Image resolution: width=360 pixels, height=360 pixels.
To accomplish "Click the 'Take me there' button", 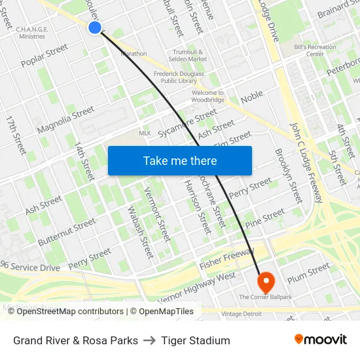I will click(180, 160).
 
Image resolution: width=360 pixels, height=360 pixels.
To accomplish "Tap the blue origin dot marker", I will click(95, 27).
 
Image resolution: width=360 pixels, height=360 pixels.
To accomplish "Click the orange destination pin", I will click(266, 282).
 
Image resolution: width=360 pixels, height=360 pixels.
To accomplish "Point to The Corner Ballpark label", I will click(266, 297).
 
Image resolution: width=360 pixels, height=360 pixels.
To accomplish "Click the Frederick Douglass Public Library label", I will click(179, 78).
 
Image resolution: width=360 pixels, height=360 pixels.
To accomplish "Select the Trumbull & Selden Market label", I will click(189, 56).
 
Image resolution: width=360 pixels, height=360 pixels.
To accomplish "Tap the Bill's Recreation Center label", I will click(310, 50).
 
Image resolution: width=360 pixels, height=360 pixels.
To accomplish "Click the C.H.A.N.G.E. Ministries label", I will click(32, 33).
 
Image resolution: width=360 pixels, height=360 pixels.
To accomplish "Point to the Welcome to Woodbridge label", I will click(208, 97).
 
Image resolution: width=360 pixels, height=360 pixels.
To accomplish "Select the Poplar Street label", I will click(45, 56).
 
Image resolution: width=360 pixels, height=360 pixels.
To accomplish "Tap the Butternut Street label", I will click(66, 232).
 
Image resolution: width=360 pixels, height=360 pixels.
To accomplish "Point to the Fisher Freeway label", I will click(225, 259).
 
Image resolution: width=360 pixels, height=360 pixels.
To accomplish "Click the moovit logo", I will click(320, 340).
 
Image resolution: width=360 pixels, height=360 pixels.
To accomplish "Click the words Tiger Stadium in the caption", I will click(196, 340).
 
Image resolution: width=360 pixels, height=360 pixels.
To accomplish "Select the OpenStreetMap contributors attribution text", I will click(71, 312).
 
